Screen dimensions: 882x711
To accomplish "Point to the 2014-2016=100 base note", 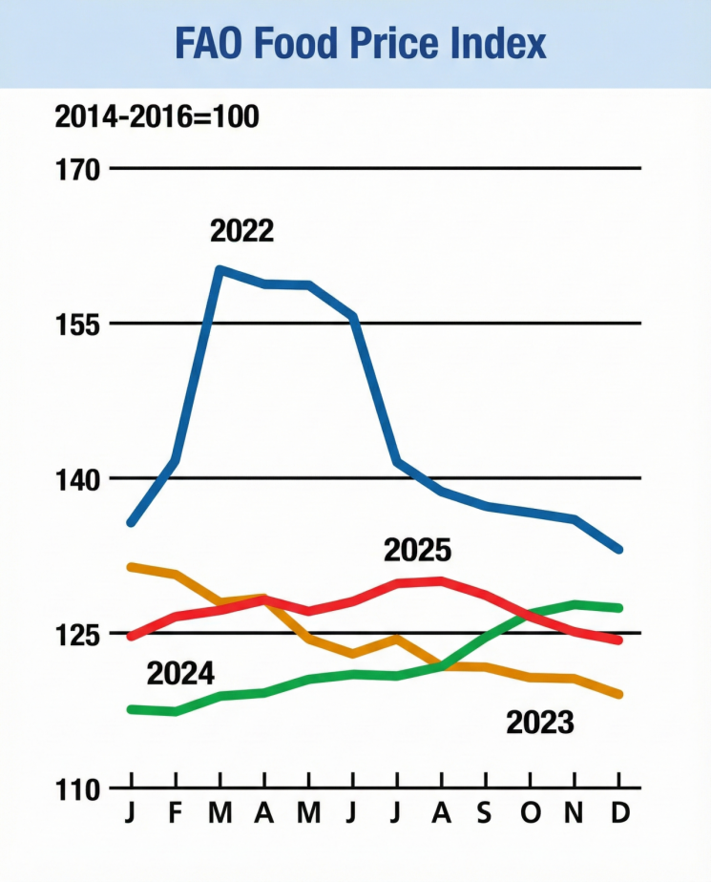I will [x=157, y=117].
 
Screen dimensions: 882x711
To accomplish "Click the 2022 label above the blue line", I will [x=241, y=231].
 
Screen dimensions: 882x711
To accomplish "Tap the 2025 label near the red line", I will [x=417, y=551].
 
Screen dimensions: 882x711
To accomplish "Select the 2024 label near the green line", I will [x=180, y=674].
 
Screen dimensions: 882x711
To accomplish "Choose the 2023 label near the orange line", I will [x=540, y=723].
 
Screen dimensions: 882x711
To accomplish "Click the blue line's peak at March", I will [x=220, y=269].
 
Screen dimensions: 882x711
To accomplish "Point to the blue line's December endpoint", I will [x=620, y=550].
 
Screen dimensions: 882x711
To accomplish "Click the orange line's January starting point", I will [x=131, y=566].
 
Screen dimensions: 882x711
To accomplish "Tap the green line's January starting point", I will [x=131, y=709].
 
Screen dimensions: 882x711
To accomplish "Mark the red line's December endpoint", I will [x=620, y=640].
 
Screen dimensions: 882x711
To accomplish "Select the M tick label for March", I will [x=220, y=813].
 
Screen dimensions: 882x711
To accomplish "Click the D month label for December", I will [x=620, y=813].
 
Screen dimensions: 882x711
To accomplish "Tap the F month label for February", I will [x=176, y=813].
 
